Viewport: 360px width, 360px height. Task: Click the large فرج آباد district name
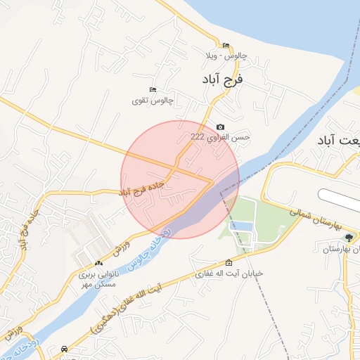pyautogui.click(x=224, y=79)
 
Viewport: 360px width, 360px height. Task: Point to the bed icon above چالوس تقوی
pyautogui.click(x=153, y=90)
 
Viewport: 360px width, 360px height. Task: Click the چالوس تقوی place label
pyautogui.click(x=152, y=101)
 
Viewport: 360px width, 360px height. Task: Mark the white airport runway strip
pyautogui.click(x=337, y=195)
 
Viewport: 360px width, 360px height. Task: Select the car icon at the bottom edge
pyautogui.click(x=65, y=349)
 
